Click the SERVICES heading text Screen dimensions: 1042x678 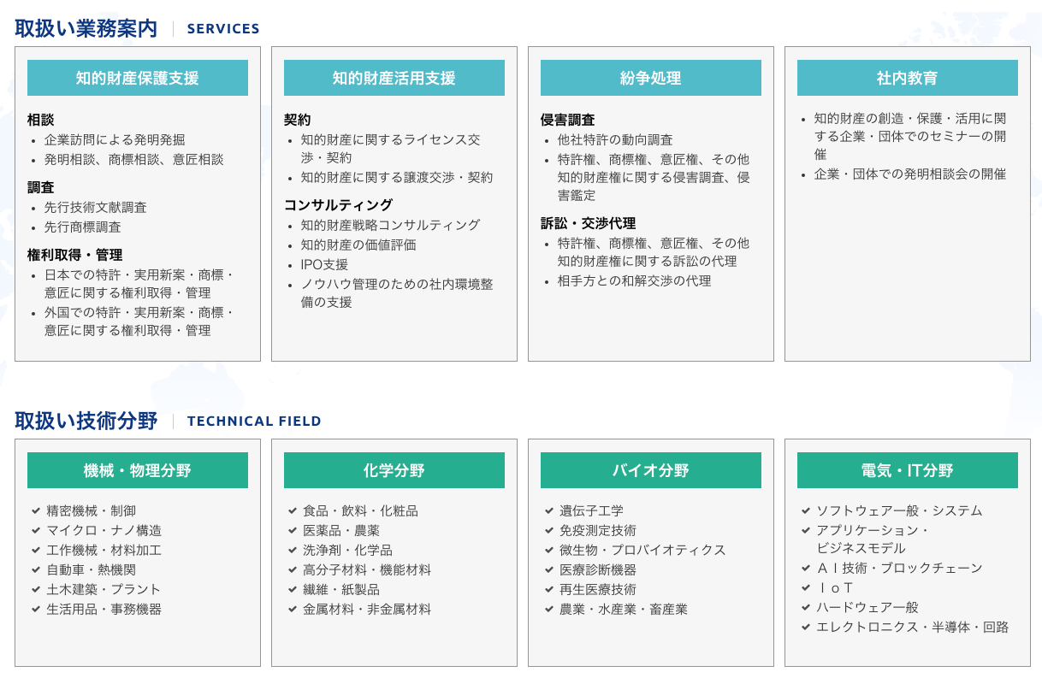click(223, 29)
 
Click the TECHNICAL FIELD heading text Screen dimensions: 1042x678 click(254, 422)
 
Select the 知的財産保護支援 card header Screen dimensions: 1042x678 click(138, 78)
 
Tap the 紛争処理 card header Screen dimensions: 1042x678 click(651, 78)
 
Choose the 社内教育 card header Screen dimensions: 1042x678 click(908, 78)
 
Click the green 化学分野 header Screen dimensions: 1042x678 click(394, 470)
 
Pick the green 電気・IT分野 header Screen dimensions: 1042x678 click(908, 470)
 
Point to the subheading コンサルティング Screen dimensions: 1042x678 click(338, 205)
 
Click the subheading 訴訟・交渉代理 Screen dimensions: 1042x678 click(588, 224)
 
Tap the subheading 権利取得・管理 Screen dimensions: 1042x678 click(75, 255)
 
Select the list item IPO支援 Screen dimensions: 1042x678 click(324, 264)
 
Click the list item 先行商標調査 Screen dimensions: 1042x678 click(83, 227)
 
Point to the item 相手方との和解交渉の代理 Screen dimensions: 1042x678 click(634, 281)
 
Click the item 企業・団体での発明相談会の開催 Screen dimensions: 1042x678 click(910, 174)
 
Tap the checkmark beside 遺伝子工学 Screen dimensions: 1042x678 click(549, 510)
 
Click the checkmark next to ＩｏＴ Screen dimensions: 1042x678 click(806, 587)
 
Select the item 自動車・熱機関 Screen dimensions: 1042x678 click(92, 569)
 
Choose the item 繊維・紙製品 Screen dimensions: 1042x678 click(341, 590)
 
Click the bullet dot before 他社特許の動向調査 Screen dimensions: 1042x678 click(547, 141)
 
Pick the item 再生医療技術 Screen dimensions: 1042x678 click(598, 590)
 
